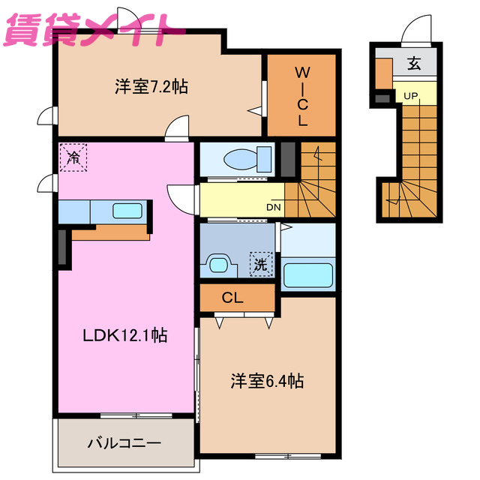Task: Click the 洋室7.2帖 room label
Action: pos(151,87)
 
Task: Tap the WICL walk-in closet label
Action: pos(302,97)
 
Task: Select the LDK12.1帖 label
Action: pos(124,336)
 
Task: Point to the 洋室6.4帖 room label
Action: pos(266,382)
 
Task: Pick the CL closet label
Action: pos(232,298)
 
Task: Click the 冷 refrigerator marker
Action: pos(73,157)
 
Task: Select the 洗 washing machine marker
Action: pos(260,264)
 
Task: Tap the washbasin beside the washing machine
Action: pos(219,265)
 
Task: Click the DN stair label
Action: pos(274,208)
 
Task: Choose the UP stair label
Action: pos(411,96)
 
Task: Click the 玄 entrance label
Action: pos(414,64)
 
